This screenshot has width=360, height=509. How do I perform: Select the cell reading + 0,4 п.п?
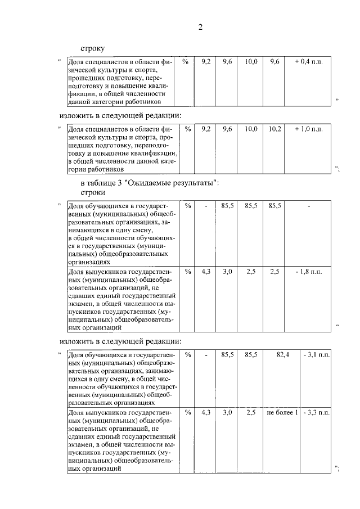[308, 61]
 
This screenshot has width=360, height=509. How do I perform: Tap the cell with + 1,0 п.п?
[308, 129]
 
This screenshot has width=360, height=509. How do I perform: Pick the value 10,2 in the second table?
[274, 129]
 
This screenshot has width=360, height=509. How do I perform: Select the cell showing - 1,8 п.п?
[308, 272]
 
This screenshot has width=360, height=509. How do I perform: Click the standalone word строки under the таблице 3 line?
[93, 193]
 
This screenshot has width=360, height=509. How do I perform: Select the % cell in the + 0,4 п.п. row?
[185, 61]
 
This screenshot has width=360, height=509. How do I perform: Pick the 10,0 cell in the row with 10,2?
[251, 129]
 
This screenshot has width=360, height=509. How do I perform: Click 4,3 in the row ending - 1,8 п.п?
[206, 272]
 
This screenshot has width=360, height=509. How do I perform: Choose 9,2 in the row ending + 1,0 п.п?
[206, 129]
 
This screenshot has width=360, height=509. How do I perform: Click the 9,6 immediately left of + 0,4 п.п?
[274, 61]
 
